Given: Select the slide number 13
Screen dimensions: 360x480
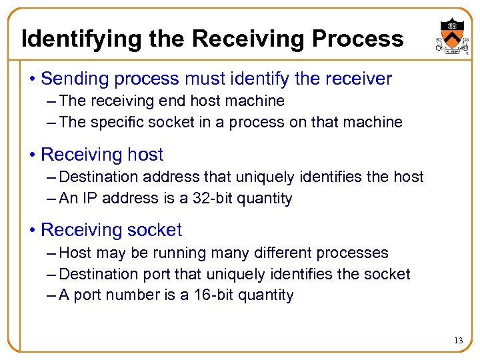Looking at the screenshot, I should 458,341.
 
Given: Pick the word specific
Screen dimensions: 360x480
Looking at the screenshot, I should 111,122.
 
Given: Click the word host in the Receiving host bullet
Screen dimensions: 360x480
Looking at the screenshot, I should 145,155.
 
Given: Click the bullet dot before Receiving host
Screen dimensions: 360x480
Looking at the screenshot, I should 33,155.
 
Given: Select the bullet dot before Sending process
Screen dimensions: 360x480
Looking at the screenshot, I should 33,79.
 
